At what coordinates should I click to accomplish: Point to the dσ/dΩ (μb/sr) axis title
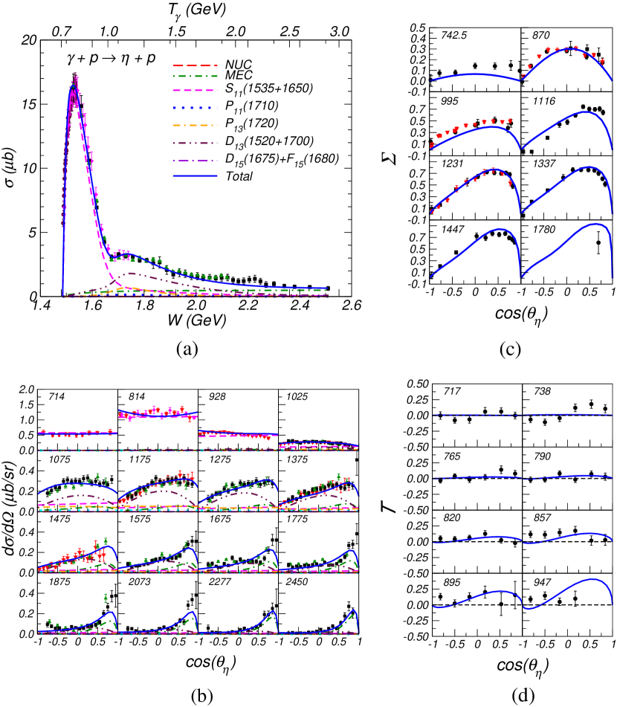click(x=14, y=514)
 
